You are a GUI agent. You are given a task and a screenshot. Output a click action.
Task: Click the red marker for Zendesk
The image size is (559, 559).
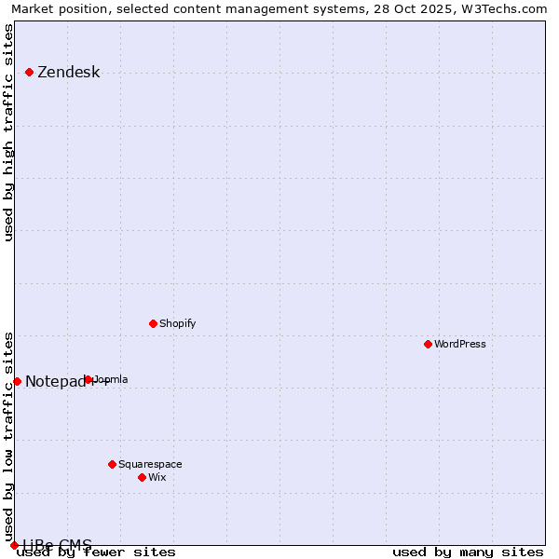click(x=29, y=72)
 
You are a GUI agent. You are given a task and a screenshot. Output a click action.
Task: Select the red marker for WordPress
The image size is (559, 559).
click(x=428, y=344)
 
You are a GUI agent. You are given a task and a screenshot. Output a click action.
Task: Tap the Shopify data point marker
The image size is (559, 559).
click(x=153, y=323)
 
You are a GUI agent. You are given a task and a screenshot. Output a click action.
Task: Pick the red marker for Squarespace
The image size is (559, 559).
click(x=112, y=464)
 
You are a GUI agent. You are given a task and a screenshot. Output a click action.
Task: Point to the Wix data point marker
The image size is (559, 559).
click(x=142, y=477)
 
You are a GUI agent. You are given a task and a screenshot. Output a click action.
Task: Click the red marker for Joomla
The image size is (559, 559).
click(x=88, y=379)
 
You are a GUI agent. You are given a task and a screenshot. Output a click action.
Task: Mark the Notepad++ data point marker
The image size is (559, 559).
click(x=17, y=381)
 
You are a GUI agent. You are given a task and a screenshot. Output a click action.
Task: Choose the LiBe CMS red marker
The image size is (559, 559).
click(x=14, y=545)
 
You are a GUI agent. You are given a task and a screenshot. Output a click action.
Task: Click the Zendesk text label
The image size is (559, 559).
click(x=68, y=73)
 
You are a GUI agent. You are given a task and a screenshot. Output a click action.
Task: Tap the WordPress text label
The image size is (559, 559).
click(x=459, y=344)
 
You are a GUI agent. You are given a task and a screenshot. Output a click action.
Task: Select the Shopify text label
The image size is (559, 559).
click(x=177, y=323)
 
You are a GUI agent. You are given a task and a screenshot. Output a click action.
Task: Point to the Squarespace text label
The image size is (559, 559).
click(x=150, y=464)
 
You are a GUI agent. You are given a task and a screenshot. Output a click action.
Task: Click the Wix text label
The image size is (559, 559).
click(x=157, y=477)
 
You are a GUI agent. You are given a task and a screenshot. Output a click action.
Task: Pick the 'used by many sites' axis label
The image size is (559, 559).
click(x=468, y=552)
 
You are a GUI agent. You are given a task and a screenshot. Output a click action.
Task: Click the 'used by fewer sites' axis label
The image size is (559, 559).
click(x=96, y=552)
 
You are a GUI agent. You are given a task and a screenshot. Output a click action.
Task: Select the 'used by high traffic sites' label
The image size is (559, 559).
click(x=8, y=132)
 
